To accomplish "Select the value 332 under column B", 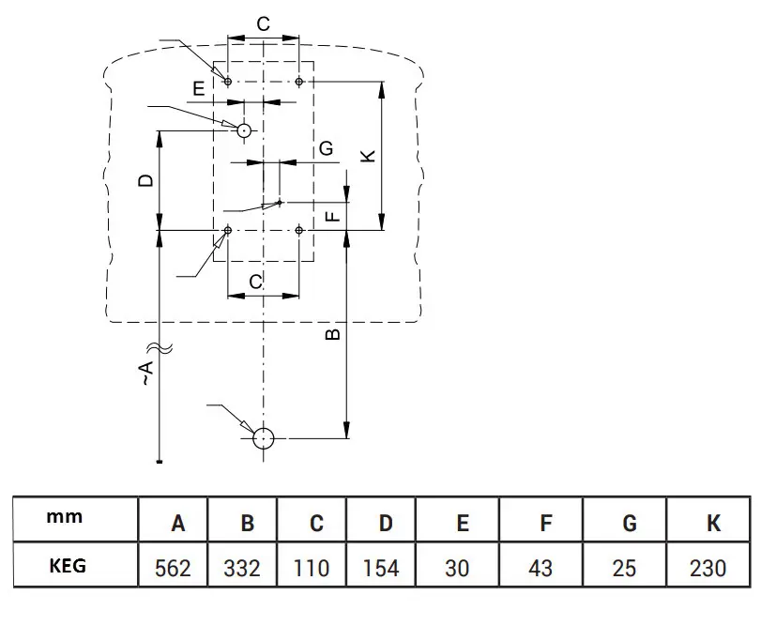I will pos(242,568).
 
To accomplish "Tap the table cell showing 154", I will pos(381,568).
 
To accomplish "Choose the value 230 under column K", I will pos(707,568).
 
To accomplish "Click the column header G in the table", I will pos(630,523).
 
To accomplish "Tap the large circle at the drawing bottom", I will pos(264,437).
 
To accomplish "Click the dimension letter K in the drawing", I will pos(369,156).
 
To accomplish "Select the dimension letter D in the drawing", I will pos(145,179).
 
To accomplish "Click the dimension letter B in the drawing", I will pos(333,333).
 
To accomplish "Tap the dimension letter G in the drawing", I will pos(326,148).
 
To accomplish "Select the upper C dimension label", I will pos(263,24).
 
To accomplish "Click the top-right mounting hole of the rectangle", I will pos(298,82).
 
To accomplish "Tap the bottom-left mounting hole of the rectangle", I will pos(228,229).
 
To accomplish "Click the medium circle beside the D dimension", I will pos(244,130).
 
